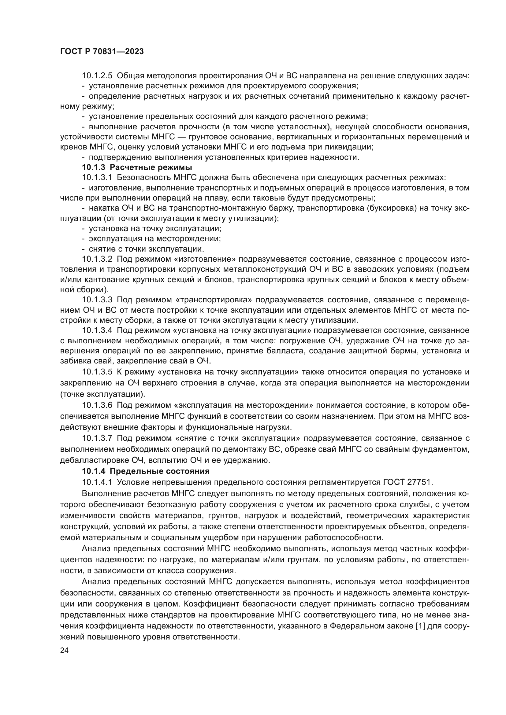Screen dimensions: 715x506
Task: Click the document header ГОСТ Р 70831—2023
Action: [102, 51]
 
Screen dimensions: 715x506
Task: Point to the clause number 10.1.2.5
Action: [97, 76]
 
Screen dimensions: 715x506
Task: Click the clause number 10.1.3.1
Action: [97, 178]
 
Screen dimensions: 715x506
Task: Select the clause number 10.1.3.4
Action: [97, 330]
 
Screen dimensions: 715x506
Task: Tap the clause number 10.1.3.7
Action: [97, 438]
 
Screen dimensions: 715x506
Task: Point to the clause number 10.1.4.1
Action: [97, 482]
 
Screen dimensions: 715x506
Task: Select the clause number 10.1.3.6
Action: [97, 405]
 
